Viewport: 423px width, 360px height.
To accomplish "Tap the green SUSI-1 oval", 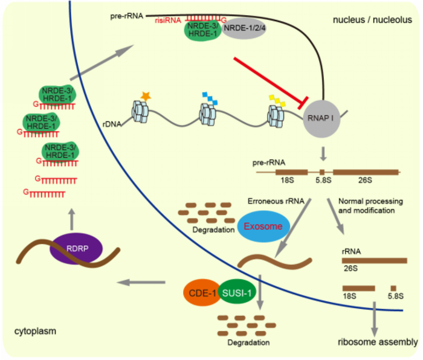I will (x=237, y=293).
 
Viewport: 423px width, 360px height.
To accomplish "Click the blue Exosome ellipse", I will (x=263, y=227).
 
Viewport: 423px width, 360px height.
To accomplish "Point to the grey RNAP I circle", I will (x=323, y=119).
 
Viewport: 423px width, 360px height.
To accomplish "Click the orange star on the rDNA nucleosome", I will (x=145, y=95).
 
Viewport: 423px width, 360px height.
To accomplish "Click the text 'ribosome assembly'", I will (x=378, y=342).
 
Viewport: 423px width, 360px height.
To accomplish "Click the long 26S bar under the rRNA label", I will (x=375, y=260).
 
